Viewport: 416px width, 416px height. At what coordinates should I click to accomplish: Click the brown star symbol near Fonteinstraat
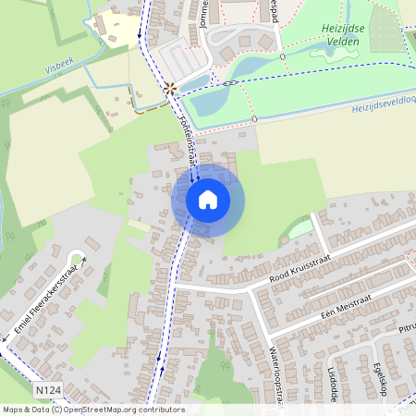(170, 90)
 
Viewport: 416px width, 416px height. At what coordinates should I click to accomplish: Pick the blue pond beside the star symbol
(207, 100)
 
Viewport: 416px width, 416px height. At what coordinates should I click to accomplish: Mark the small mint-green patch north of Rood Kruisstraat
(301, 228)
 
